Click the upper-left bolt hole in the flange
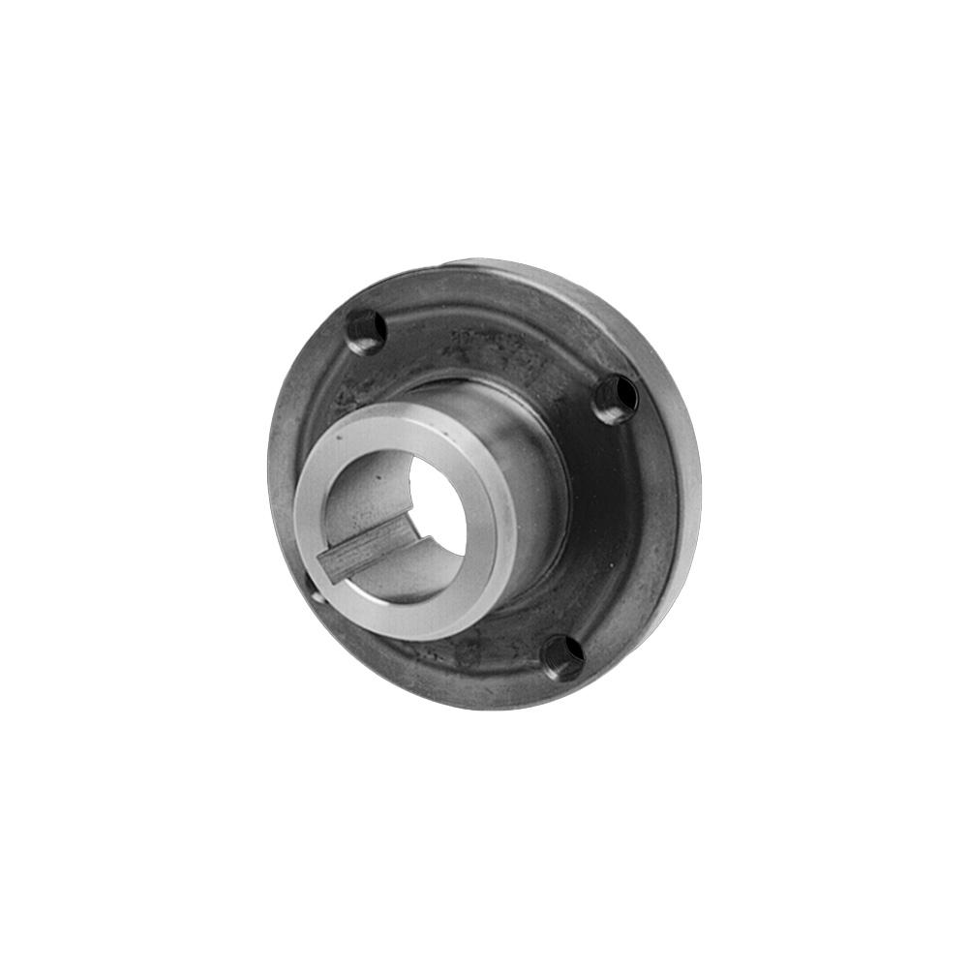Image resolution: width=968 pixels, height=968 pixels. [367, 331]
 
